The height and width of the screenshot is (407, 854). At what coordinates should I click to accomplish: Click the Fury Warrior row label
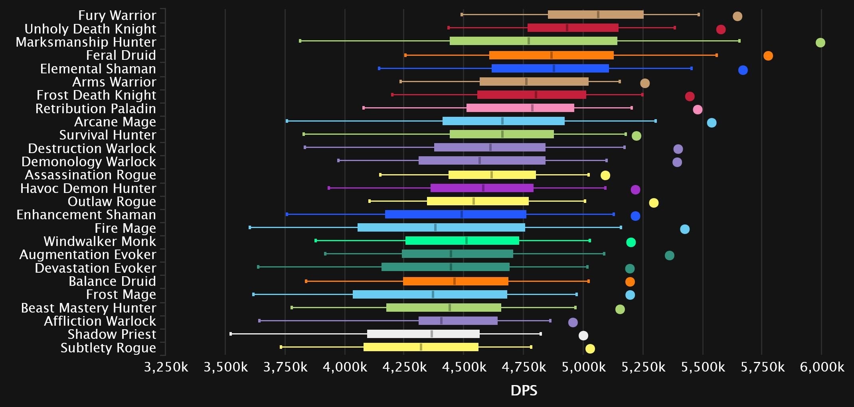tap(117, 15)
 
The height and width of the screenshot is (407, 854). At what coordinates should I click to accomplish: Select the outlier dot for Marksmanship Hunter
tap(820, 43)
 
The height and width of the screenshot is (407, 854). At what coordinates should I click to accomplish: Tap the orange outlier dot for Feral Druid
tap(768, 56)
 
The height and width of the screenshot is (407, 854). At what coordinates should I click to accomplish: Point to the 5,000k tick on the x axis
tap(583, 367)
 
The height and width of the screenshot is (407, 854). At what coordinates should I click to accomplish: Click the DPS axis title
tap(524, 390)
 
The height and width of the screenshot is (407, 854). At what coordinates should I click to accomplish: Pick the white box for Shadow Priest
tap(423, 334)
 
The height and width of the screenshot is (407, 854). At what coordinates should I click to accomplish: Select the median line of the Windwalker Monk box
tap(466, 240)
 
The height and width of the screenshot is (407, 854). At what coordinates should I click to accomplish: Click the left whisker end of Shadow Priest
tap(231, 334)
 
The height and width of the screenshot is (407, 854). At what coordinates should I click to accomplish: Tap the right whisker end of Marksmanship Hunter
tap(739, 41)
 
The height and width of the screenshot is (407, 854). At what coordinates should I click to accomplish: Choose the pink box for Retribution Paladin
tap(520, 108)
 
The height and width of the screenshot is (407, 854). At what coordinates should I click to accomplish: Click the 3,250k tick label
tap(166, 367)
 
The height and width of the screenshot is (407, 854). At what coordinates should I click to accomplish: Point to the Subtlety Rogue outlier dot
tap(590, 349)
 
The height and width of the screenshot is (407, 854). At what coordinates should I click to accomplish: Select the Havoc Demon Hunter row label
tap(88, 188)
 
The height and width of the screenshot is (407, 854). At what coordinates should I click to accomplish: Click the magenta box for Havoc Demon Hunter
tap(482, 188)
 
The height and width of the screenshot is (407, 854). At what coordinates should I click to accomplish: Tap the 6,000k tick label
tap(822, 367)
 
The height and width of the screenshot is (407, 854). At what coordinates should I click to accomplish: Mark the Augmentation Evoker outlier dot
tap(669, 256)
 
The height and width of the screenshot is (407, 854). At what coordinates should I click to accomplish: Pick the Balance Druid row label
tap(112, 281)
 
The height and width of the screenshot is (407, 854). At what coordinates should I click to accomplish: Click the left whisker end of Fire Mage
tap(250, 227)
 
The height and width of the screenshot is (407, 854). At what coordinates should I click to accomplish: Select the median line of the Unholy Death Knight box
tap(567, 28)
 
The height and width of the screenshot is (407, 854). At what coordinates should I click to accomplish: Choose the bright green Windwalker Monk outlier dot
tap(631, 242)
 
